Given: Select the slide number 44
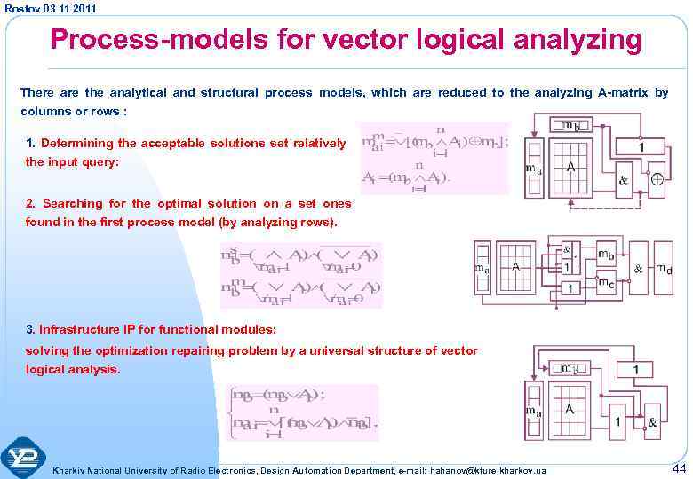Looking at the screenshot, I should click(x=680, y=467).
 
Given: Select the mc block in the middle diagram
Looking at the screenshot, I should click(x=607, y=285).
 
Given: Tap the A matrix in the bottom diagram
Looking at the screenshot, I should click(x=570, y=410).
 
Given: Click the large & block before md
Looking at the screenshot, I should click(x=639, y=269).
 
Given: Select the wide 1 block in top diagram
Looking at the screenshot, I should click(x=641, y=145).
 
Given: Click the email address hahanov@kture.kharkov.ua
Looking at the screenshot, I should click(x=494, y=469).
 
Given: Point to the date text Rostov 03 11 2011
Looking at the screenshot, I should click(x=51, y=8).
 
